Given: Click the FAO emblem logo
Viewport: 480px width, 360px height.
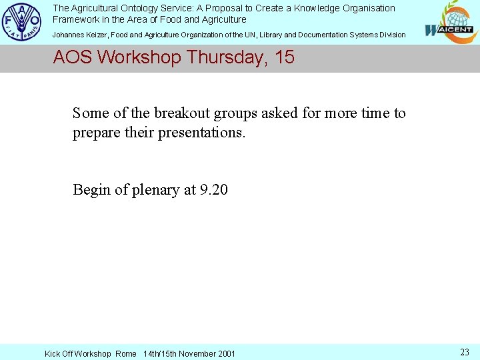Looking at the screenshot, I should (x=22, y=22).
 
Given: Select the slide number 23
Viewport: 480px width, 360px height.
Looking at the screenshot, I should (x=465, y=352).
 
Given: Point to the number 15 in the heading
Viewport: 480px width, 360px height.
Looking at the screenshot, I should (x=284, y=57).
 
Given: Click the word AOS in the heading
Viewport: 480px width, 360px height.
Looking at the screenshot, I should (x=73, y=57).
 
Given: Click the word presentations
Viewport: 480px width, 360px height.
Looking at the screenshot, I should (x=202, y=132).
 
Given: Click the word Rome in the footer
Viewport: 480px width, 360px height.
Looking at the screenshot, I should (x=125, y=353).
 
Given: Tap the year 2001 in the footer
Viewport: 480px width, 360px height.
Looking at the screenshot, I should (x=225, y=353).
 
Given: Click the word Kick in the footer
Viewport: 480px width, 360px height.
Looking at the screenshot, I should (x=53, y=353).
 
